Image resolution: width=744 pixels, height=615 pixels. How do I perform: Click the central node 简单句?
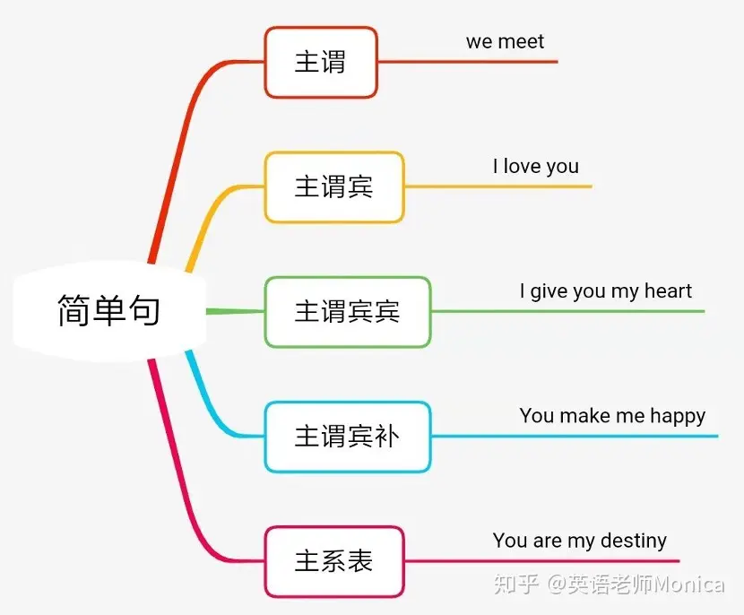tap(109, 311)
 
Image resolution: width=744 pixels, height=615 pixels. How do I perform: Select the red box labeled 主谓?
tap(321, 62)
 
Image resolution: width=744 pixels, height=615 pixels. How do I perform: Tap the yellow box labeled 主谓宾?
tap(334, 187)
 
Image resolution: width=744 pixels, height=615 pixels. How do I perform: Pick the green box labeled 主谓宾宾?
tap(347, 312)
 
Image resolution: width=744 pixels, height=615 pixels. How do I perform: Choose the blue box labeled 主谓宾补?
tap(347, 437)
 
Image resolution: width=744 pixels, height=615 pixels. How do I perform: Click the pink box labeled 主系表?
tap(334, 561)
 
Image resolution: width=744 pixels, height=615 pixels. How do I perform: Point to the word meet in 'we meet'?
tap(521, 42)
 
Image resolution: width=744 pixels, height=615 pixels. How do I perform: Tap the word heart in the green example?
tap(668, 290)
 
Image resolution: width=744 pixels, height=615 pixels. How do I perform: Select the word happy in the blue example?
tap(678, 417)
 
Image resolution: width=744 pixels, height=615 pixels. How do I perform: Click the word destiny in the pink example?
tap(634, 541)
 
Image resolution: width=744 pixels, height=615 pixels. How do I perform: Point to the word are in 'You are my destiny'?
tap(547, 541)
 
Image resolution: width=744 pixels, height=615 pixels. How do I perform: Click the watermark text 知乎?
tap(516, 585)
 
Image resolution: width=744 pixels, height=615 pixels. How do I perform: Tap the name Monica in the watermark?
tap(689, 585)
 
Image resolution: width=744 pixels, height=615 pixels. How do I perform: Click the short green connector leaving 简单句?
tap(235, 311)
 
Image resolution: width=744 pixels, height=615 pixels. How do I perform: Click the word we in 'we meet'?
tap(480, 43)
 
